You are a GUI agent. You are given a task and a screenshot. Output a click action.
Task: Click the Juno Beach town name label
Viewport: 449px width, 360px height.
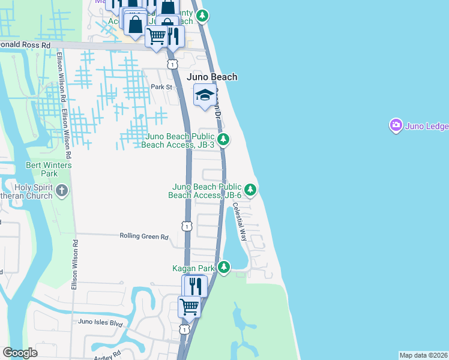click(x=212, y=77)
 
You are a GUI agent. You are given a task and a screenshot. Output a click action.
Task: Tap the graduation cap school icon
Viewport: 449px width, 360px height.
click(x=205, y=95)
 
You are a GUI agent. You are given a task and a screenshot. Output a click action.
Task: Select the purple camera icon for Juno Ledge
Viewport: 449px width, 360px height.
click(x=396, y=125)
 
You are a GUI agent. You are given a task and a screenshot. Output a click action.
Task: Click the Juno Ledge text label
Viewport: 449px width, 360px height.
click(x=427, y=125)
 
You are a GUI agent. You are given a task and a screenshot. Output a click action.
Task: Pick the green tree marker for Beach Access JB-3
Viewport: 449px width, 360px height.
click(x=223, y=140)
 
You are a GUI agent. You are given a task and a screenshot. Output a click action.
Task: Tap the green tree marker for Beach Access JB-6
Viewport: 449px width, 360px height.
click(x=250, y=191)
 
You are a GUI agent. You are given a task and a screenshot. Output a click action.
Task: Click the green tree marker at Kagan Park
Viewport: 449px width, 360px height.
click(x=224, y=266)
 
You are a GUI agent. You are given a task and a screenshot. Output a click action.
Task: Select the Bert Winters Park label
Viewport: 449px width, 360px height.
click(x=49, y=169)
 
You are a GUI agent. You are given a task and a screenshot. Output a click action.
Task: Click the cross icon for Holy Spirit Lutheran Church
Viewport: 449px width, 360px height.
click(x=62, y=191)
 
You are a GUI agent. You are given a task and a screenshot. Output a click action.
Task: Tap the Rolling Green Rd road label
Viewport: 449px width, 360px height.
click(x=143, y=236)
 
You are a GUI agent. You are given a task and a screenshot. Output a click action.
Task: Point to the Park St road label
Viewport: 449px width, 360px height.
click(x=161, y=87)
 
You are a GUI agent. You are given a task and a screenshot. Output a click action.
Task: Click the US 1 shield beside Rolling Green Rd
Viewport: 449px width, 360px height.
click(x=187, y=226)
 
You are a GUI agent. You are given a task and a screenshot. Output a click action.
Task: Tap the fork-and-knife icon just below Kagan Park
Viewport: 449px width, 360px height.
click(x=194, y=285)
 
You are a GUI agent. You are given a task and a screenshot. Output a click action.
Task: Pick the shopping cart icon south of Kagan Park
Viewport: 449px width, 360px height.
click(x=190, y=307)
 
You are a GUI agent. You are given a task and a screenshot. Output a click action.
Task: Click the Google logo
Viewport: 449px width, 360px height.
click(x=20, y=353)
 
